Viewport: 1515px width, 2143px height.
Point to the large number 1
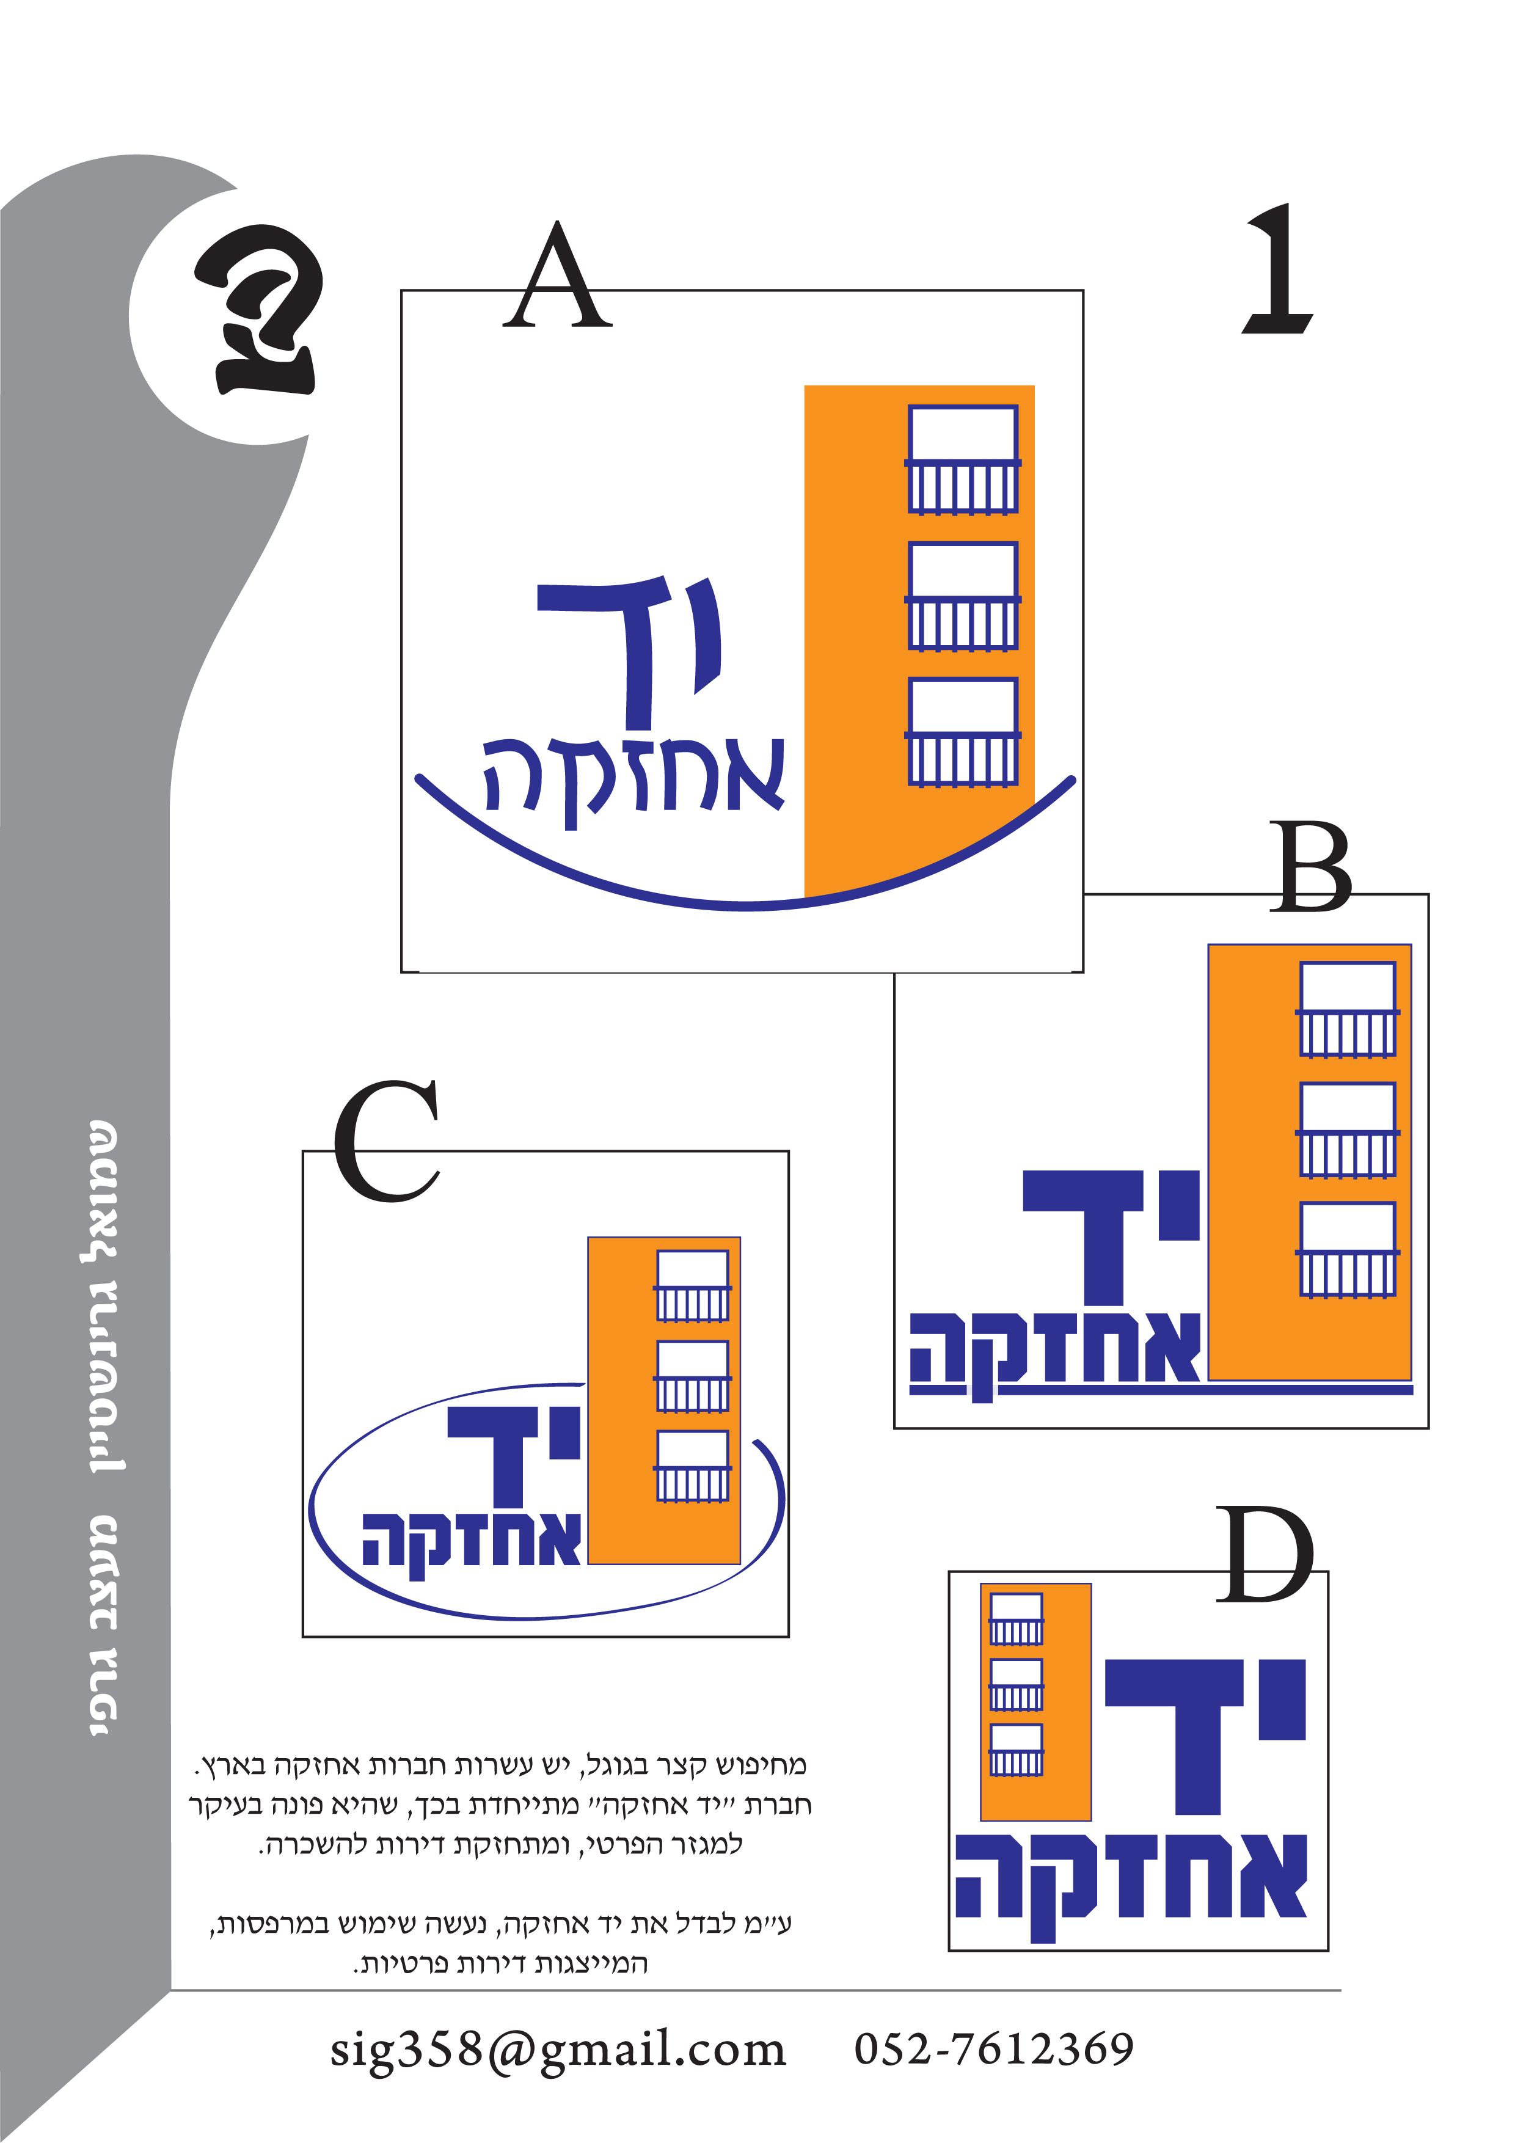1278,269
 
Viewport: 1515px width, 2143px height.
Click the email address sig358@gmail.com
558,2050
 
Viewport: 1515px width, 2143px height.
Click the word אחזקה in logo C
472,1541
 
